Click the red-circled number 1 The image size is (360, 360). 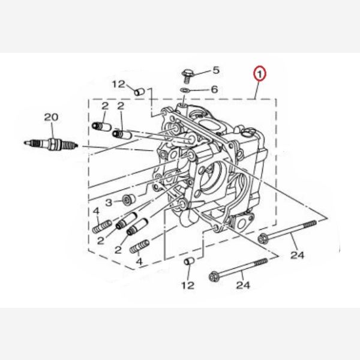pyautogui.click(x=259, y=74)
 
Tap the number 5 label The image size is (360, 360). pyautogui.click(x=216, y=70)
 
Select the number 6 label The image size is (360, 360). pyautogui.click(x=214, y=89)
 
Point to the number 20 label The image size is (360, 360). pyautogui.click(x=51, y=117)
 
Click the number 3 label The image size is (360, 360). pyautogui.click(x=109, y=203)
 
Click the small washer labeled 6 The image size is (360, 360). pyautogui.click(x=185, y=90)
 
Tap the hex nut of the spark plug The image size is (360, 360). pyautogui.click(x=52, y=144)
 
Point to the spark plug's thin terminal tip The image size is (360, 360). pyautogui.click(x=27, y=143)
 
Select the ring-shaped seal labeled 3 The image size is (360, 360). pyautogui.click(x=129, y=200)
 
